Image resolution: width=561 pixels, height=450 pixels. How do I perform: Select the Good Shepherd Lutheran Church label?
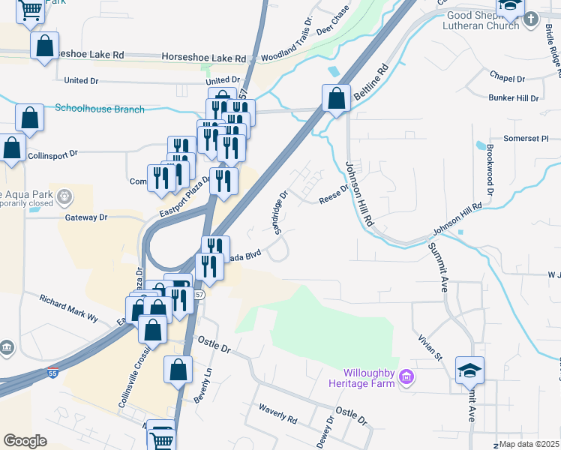click(483, 20)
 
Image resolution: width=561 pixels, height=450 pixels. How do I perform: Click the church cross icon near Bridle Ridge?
click(532, 19)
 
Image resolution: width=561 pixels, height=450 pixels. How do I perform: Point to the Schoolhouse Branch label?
click(100, 109)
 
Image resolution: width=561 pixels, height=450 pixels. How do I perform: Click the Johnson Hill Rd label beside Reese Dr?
click(359, 194)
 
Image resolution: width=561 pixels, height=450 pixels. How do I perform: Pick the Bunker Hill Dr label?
click(514, 98)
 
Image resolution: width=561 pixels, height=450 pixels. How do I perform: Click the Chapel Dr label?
click(508, 78)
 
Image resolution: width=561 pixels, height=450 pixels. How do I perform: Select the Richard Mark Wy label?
click(69, 307)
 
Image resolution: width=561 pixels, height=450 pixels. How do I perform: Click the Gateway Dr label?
click(86, 217)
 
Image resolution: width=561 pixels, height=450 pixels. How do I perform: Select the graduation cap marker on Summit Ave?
click(469, 370)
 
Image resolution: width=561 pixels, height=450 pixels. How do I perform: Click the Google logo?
click(25, 441)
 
